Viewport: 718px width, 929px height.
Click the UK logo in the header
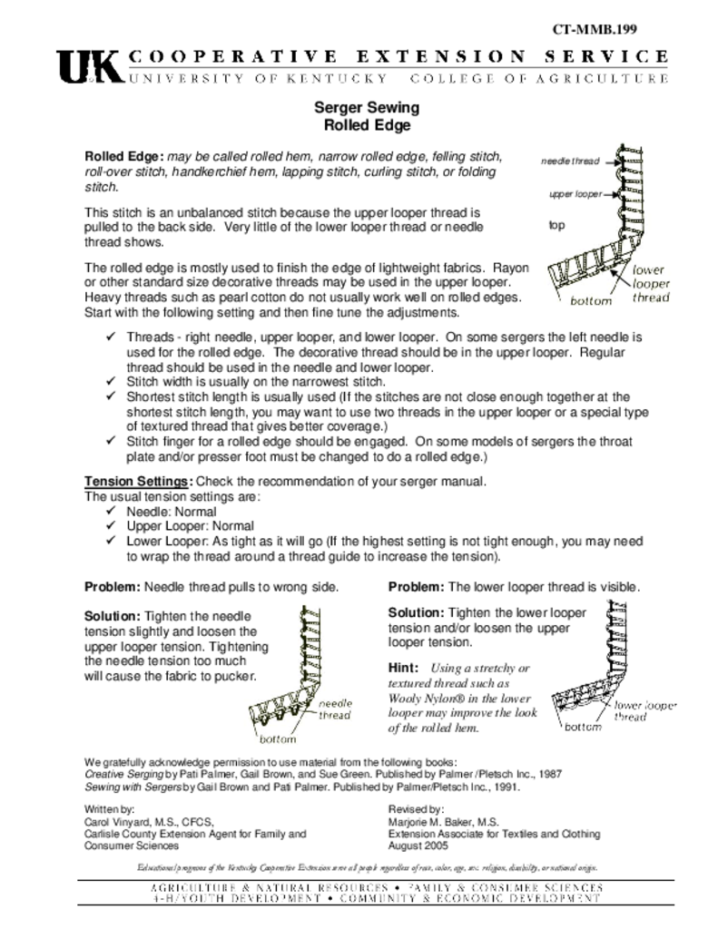pyautogui.click(x=88, y=67)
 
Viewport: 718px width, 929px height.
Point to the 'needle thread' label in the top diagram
pyautogui.click(x=570, y=161)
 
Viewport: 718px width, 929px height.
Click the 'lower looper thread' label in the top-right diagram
pyautogui.click(x=650, y=283)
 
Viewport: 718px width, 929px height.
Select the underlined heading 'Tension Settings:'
pyautogui.click(x=138, y=481)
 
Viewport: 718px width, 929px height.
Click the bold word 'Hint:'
pyautogui.click(x=405, y=667)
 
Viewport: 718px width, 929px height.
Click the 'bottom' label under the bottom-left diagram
pyautogui.click(x=279, y=739)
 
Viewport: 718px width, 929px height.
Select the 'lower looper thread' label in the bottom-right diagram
pyautogui.click(x=645, y=710)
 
